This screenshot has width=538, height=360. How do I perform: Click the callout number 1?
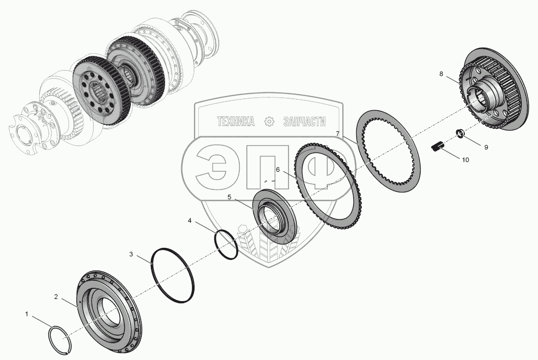point(27,314)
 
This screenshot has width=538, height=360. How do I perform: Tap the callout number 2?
point(56,297)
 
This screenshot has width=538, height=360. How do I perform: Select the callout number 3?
point(131,254)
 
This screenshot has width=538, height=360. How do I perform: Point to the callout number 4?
point(189,220)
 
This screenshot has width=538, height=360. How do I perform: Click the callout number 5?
point(230,197)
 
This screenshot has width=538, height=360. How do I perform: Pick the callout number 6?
point(278,170)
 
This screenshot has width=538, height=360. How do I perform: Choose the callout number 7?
point(338,134)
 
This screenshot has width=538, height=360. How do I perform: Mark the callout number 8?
point(441,74)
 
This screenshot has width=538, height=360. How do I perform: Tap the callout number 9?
point(486,147)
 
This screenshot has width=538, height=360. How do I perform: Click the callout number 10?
point(465,160)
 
